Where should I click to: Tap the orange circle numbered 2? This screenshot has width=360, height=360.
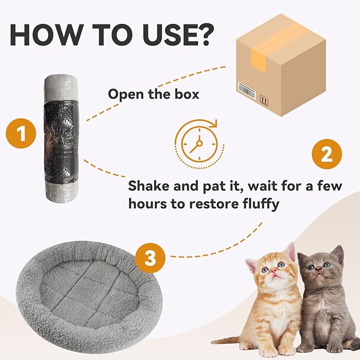click(x=327, y=154)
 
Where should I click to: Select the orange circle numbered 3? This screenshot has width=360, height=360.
click(x=151, y=259)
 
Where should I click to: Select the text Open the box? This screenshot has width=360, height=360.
click(x=153, y=94)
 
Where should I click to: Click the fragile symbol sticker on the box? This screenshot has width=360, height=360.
click(x=264, y=98)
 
